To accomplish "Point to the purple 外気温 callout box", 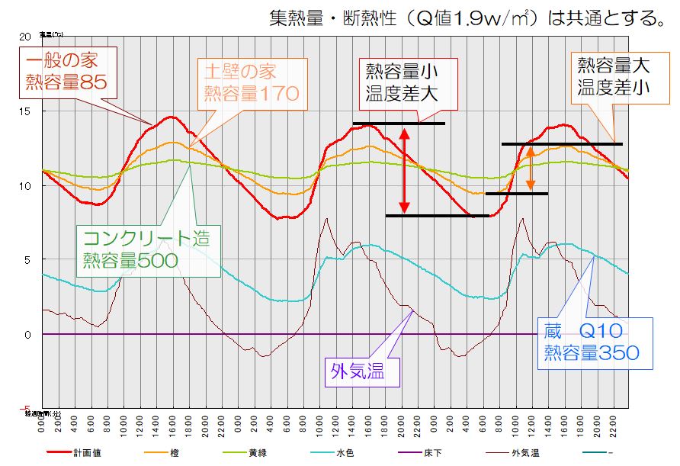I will pos(357,372).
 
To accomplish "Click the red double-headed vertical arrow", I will pos(405,169).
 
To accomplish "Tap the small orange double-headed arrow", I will pos(531,168).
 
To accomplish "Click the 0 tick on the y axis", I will pos(28,335).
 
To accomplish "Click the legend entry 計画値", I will pos(85,454).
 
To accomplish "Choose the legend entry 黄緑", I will pos(257,454).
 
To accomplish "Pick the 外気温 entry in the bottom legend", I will pos(526,454).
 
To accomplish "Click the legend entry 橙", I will pos(175,454).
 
